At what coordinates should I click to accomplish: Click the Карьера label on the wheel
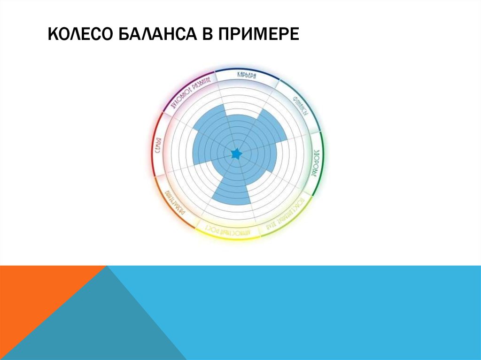(246, 75)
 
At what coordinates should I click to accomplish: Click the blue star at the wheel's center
(236, 153)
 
